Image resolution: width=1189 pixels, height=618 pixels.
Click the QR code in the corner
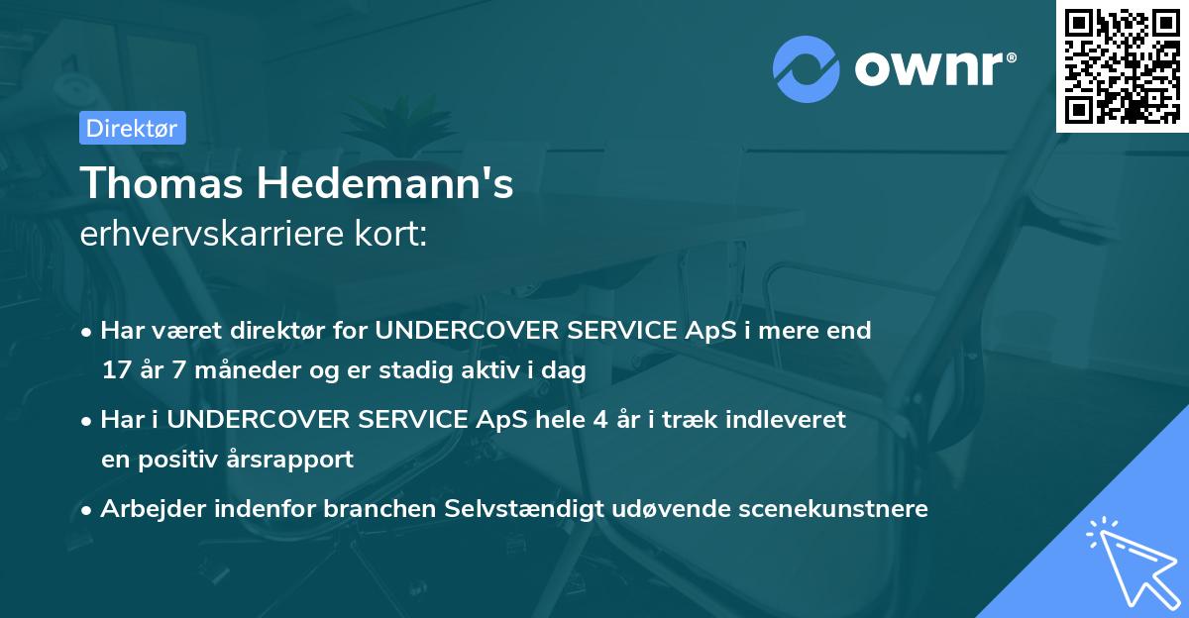[1123, 65]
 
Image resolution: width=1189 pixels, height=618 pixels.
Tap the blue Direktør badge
[132, 128]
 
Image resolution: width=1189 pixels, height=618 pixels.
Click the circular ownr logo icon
[807, 68]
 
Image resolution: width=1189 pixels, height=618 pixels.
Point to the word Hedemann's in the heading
[387, 185]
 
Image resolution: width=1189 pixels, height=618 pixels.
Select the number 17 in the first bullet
[115, 370]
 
